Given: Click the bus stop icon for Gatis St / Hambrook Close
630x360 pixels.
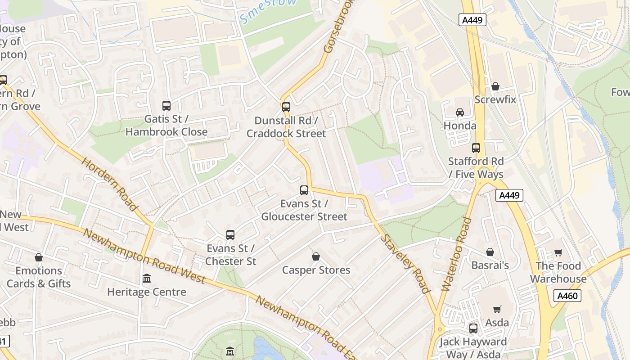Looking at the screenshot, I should (x=166, y=106).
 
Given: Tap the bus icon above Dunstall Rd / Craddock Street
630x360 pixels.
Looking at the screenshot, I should (x=286, y=107).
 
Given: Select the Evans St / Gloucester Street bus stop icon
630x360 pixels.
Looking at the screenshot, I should (x=304, y=190).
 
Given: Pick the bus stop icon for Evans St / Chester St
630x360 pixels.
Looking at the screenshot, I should (x=230, y=235).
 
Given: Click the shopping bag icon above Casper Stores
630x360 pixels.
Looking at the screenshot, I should (x=316, y=256).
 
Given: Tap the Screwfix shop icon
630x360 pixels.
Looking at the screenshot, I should (x=495, y=86).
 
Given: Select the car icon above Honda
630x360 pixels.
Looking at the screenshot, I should (x=460, y=112).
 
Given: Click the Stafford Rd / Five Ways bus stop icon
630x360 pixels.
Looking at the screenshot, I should (x=476, y=148).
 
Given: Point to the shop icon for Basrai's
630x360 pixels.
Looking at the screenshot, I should (x=490, y=252).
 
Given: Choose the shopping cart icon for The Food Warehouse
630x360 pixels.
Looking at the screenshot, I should (x=558, y=252).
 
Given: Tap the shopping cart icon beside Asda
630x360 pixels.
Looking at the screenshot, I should (x=497, y=309).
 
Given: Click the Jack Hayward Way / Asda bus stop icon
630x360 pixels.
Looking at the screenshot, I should (x=473, y=328).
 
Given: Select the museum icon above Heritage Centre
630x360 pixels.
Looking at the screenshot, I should (x=147, y=279).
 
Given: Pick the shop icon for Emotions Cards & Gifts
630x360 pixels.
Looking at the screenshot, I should (x=39, y=257).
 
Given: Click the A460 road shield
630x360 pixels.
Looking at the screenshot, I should (x=567, y=296).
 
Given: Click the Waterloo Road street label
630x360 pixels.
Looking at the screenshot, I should (x=456, y=254).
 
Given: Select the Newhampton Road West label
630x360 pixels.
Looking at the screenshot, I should (x=144, y=257).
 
